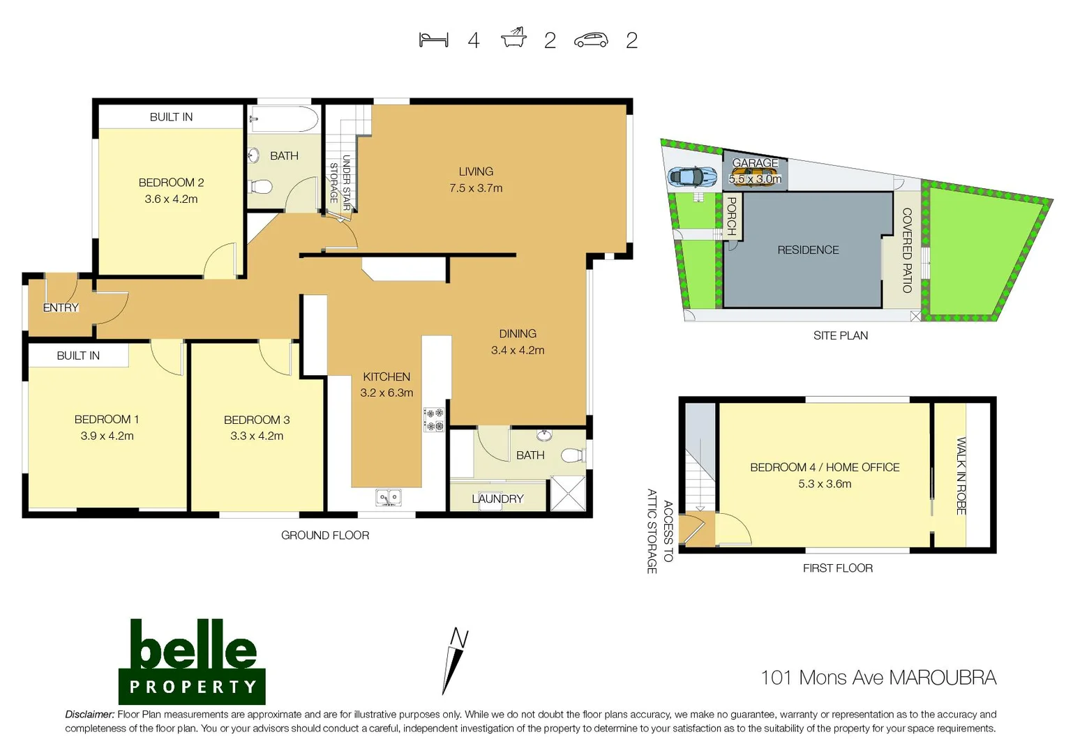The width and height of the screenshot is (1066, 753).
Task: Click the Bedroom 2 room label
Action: coord(171,183)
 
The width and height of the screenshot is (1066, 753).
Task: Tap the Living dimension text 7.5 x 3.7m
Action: coord(476,188)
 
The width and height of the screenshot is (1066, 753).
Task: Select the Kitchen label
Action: coord(386,376)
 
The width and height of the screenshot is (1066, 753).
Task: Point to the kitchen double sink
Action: coord(388,498)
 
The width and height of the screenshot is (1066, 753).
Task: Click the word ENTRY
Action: coord(61,307)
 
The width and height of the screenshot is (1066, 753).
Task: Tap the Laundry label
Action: coord(497,499)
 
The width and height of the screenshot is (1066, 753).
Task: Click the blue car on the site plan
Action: coord(691,176)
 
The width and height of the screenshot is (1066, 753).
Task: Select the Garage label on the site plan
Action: coord(755,163)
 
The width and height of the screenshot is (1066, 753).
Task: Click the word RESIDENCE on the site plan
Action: coord(808,250)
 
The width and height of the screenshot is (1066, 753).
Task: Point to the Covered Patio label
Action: coord(907,250)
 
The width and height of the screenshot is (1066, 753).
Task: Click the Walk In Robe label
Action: coord(961,476)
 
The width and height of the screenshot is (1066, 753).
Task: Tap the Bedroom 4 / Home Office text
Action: coord(825,467)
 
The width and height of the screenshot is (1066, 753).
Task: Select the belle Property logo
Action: coord(192,661)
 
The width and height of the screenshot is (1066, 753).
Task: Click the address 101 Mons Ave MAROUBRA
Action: coord(878,678)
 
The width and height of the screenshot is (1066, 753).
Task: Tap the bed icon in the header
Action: coord(433,40)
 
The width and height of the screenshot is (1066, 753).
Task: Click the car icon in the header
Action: coord(591,40)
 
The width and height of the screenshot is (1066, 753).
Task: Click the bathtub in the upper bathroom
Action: coord(284,119)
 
